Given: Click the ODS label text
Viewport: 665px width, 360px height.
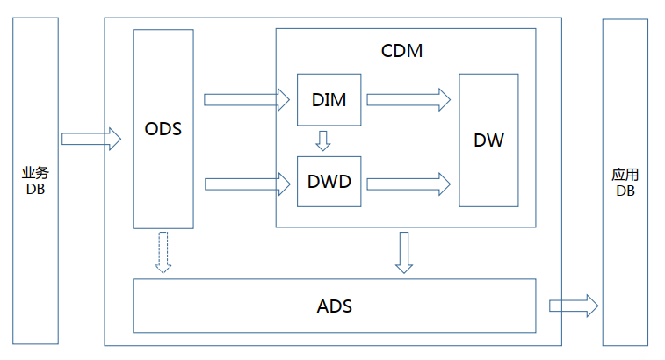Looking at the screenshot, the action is point(163,129).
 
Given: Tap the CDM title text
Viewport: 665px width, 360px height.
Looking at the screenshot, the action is point(401,51).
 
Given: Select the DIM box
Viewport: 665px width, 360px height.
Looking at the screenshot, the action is point(329,99).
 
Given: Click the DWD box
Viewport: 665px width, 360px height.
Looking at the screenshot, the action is point(329,182).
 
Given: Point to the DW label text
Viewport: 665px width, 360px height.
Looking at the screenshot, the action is point(488,140).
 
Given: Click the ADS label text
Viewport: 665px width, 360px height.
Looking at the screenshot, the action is point(334,306).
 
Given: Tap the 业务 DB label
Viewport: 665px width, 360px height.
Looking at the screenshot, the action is point(36,181).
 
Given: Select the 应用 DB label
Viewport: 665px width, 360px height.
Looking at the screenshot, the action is point(625,183).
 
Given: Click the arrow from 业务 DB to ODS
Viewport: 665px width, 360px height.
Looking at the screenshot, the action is point(91,139).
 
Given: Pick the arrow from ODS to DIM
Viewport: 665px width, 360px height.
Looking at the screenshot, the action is point(247,99).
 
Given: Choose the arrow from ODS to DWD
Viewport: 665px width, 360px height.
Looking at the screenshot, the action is point(248,184).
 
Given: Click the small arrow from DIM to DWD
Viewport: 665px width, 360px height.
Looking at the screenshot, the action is point(323,140).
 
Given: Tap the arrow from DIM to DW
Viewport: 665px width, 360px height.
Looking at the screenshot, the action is point(408,99).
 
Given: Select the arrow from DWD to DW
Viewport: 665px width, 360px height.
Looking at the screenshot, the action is point(408,184).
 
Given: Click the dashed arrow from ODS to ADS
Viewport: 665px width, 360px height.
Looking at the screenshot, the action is point(163,252).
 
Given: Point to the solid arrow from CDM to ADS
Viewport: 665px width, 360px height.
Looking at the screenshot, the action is point(404,252).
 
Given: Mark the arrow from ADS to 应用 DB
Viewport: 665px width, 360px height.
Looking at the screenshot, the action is point(574,306).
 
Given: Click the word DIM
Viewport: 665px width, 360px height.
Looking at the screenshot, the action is point(329,100).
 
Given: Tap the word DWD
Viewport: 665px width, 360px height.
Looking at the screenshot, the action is point(329,182).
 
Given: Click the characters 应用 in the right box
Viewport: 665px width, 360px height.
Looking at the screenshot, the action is point(625,175).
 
